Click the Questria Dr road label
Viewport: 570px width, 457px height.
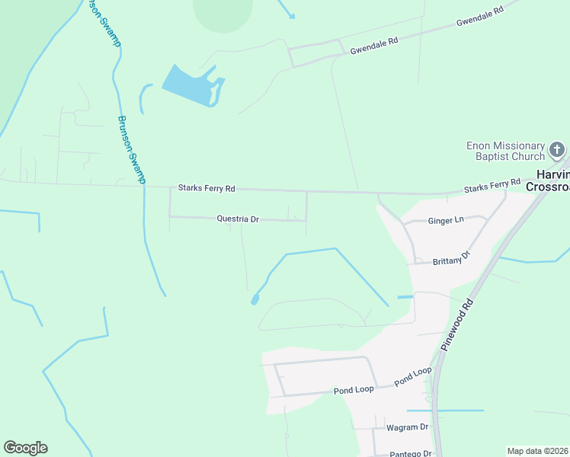point(238,219)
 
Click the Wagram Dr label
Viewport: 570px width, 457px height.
point(408,427)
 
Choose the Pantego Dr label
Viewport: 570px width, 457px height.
point(410,453)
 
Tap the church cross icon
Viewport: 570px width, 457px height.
point(557,149)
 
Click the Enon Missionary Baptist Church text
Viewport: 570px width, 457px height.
point(507,151)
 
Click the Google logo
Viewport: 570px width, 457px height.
point(25,448)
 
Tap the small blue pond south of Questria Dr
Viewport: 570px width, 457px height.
point(255,299)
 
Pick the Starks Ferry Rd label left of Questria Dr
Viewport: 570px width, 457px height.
point(207,187)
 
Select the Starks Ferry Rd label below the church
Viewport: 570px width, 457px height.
point(492,185)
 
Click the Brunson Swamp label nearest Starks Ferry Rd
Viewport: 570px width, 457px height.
point(130,149)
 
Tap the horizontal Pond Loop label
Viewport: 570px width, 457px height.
point(354,390)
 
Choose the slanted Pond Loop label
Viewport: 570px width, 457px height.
point(412,376)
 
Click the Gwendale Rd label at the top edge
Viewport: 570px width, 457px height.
point(480,17)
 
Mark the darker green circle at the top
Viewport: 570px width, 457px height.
point(223,11)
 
